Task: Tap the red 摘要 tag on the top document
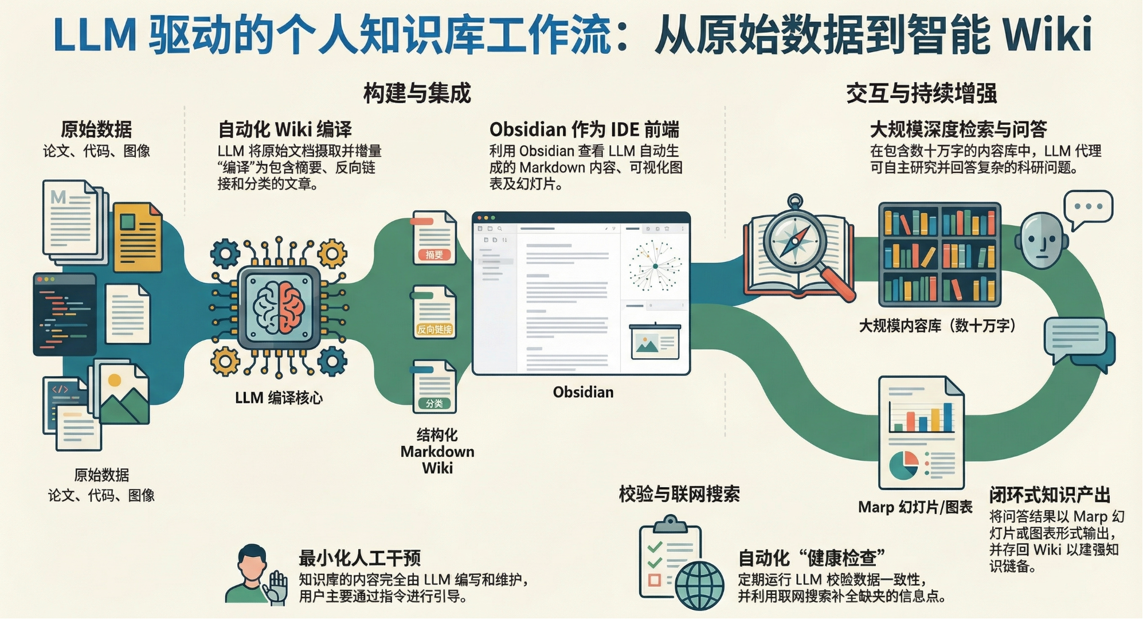pos(434,254)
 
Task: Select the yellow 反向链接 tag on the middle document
pos(435,330)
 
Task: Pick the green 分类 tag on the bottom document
pos(434,403)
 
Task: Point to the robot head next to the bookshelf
pos(1042,241)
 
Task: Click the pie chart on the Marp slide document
pos(904,465)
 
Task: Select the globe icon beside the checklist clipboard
pos(699,585)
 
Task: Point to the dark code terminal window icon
pos(65,314)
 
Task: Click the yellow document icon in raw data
pos(138,237)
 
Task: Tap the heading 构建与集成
pos(417,93)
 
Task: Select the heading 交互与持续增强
pos(921,93)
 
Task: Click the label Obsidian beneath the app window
pos(583,392)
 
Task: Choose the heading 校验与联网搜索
pos(679,494)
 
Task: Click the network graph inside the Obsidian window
pos(655,266)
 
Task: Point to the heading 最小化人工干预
pos(359,558)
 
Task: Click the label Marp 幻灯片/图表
pos(915,507)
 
